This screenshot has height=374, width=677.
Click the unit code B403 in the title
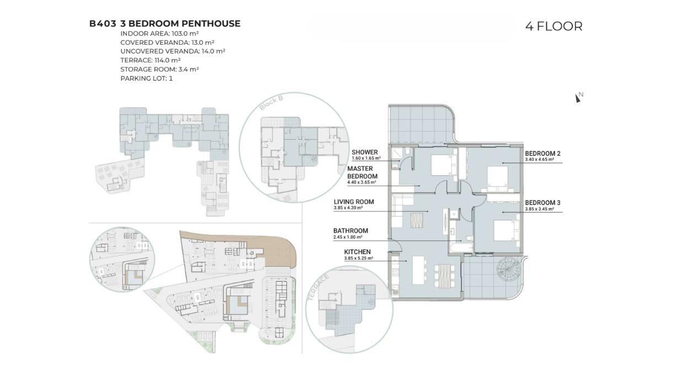[x=103, y=24]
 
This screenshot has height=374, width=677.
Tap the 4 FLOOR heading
[x=554, y=27]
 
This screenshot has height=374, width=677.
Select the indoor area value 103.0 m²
[x=185, y=34]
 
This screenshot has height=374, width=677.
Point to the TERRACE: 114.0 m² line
[x=151, y=60]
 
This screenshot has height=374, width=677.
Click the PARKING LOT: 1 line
[x=147, y=78]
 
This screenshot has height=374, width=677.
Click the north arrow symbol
[x=578, y=97]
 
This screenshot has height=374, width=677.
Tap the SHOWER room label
[x=365, y=152]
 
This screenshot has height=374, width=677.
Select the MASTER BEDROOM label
[x=362, y=172]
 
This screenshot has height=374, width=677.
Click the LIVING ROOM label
[x=354, y=202]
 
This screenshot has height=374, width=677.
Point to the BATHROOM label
[x=350, y=231]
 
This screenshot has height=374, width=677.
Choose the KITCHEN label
[x=357, y=252]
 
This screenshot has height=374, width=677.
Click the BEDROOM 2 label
[x=542, y=154]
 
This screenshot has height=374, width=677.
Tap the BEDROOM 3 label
[x=542, y=203]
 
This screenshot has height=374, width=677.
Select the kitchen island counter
[x=418, y=270]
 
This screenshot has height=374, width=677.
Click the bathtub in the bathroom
[x=461, y=248]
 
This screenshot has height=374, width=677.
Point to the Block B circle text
[x=271, y=103]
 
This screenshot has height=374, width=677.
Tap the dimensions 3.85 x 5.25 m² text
[x=359, y=259]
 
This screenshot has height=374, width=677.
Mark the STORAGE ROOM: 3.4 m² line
[x=159, y=69]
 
